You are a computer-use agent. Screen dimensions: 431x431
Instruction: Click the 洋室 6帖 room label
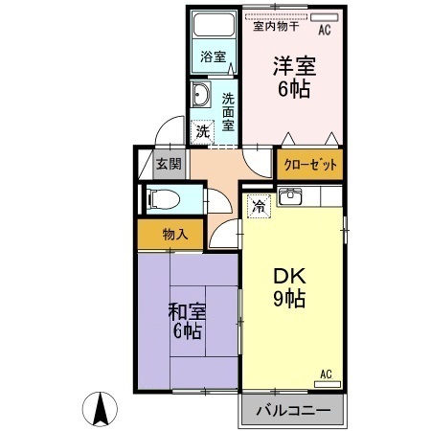pyautogui.click(x=296, y=77)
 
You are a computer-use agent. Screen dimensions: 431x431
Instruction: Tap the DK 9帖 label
pyautogui.click(x=288, y=285)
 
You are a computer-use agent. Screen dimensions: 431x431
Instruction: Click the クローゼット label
pyautogui.click(x=310, y=165)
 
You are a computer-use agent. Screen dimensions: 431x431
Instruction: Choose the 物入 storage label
pyautogui.click(x=174, y=233)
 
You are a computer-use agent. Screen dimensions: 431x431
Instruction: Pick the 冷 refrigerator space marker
pyautogui.click(x=259, y=205)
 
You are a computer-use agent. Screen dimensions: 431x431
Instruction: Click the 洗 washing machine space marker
pyautogui.click(x=202, y=130)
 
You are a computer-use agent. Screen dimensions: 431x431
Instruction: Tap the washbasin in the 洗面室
pyautogui.click(x=201, y=95)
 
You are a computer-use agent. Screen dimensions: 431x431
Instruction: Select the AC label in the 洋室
pyautogui.click(x=323, y=30)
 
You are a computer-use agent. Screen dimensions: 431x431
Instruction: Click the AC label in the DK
pyautogui.click(x=325, y=373)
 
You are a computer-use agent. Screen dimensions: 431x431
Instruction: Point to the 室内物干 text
pyautogui.click(x=276, y=28)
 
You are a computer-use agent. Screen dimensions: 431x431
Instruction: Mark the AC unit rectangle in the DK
pyautogui.click(x=327, y=382)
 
